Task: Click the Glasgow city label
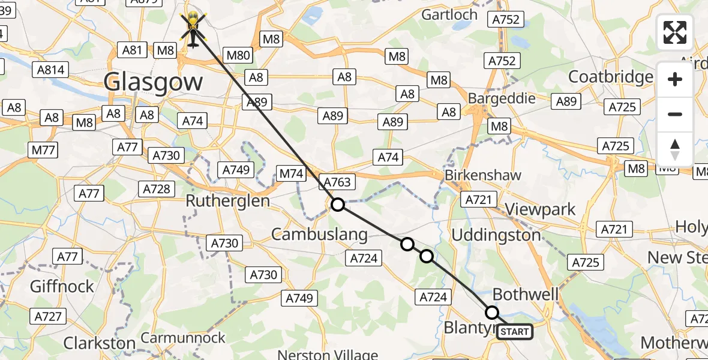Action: click(x=152, y=82)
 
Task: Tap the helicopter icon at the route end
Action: click(x=193, y=28)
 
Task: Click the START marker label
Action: click(x=515, y=332)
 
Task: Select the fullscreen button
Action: click(x=675, y=32)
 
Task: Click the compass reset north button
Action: click(x=675, y=149)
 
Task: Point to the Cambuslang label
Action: click(x=319, y=234)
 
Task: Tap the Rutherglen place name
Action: click(x=228, y=201)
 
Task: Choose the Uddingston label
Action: click(x=496, y=235)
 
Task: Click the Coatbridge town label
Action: click(x=611, y=77)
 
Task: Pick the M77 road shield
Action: click(x=44, y=150)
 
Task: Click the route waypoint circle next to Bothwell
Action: click(x=492, y=313)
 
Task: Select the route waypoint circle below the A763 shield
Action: click(x=338, y=205)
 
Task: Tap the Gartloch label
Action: click(x=449, y=14)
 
